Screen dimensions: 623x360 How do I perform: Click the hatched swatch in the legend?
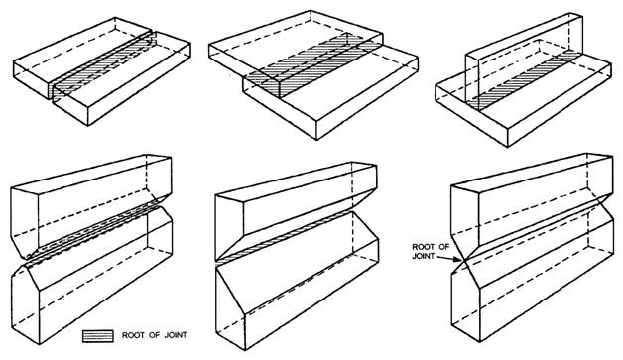tap(98, 336)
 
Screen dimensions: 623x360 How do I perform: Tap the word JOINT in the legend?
tap(175, 335)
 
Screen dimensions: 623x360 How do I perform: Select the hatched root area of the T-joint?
tap(524, 79)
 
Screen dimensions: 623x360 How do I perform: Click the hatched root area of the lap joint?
tap(313, 64)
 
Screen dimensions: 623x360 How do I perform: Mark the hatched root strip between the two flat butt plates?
tap(102, 63)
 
